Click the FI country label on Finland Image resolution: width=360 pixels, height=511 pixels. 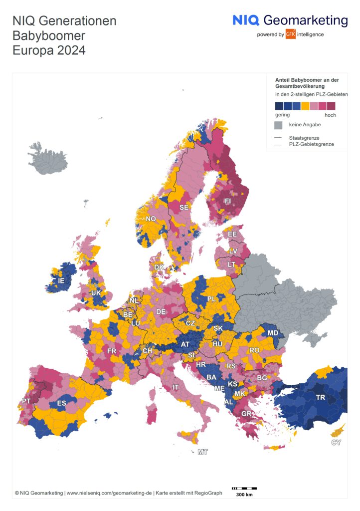pos(228,201)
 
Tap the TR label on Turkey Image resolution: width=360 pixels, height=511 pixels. pos(321,398)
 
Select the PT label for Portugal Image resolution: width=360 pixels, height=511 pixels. pos(26,402)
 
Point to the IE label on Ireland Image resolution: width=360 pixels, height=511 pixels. pos(61,281)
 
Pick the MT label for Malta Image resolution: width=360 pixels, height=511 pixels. pos(202,452)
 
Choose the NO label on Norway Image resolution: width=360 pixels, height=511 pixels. pos(151,219)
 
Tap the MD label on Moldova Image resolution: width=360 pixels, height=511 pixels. pos(273,333)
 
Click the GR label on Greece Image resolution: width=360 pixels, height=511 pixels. pos(246,414)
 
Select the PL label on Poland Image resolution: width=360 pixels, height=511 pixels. pos(211,299)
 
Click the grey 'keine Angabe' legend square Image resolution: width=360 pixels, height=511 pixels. pos(279,125)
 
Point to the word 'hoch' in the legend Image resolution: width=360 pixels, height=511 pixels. pos(330,115)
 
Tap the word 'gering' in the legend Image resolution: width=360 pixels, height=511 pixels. pos(282,115)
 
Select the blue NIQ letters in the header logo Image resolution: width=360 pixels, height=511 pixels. pos(246,20)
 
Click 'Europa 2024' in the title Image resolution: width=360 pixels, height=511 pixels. pos(49,50)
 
